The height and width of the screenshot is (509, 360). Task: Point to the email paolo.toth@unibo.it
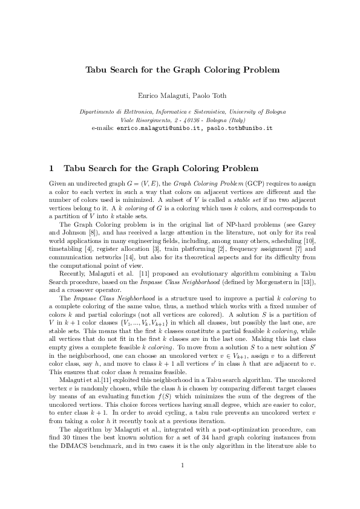[238, 129]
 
